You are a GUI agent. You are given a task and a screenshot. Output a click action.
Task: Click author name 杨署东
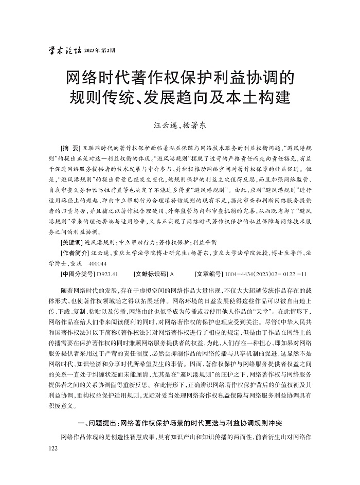coord(196,124)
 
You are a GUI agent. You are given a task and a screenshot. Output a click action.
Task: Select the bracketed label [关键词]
coord(71,241)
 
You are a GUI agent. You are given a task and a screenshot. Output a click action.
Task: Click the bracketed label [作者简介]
coord(75,253)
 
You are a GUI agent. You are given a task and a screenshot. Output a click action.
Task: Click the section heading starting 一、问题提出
coord(179,423)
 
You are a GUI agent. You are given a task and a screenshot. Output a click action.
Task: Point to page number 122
coord(51,448)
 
